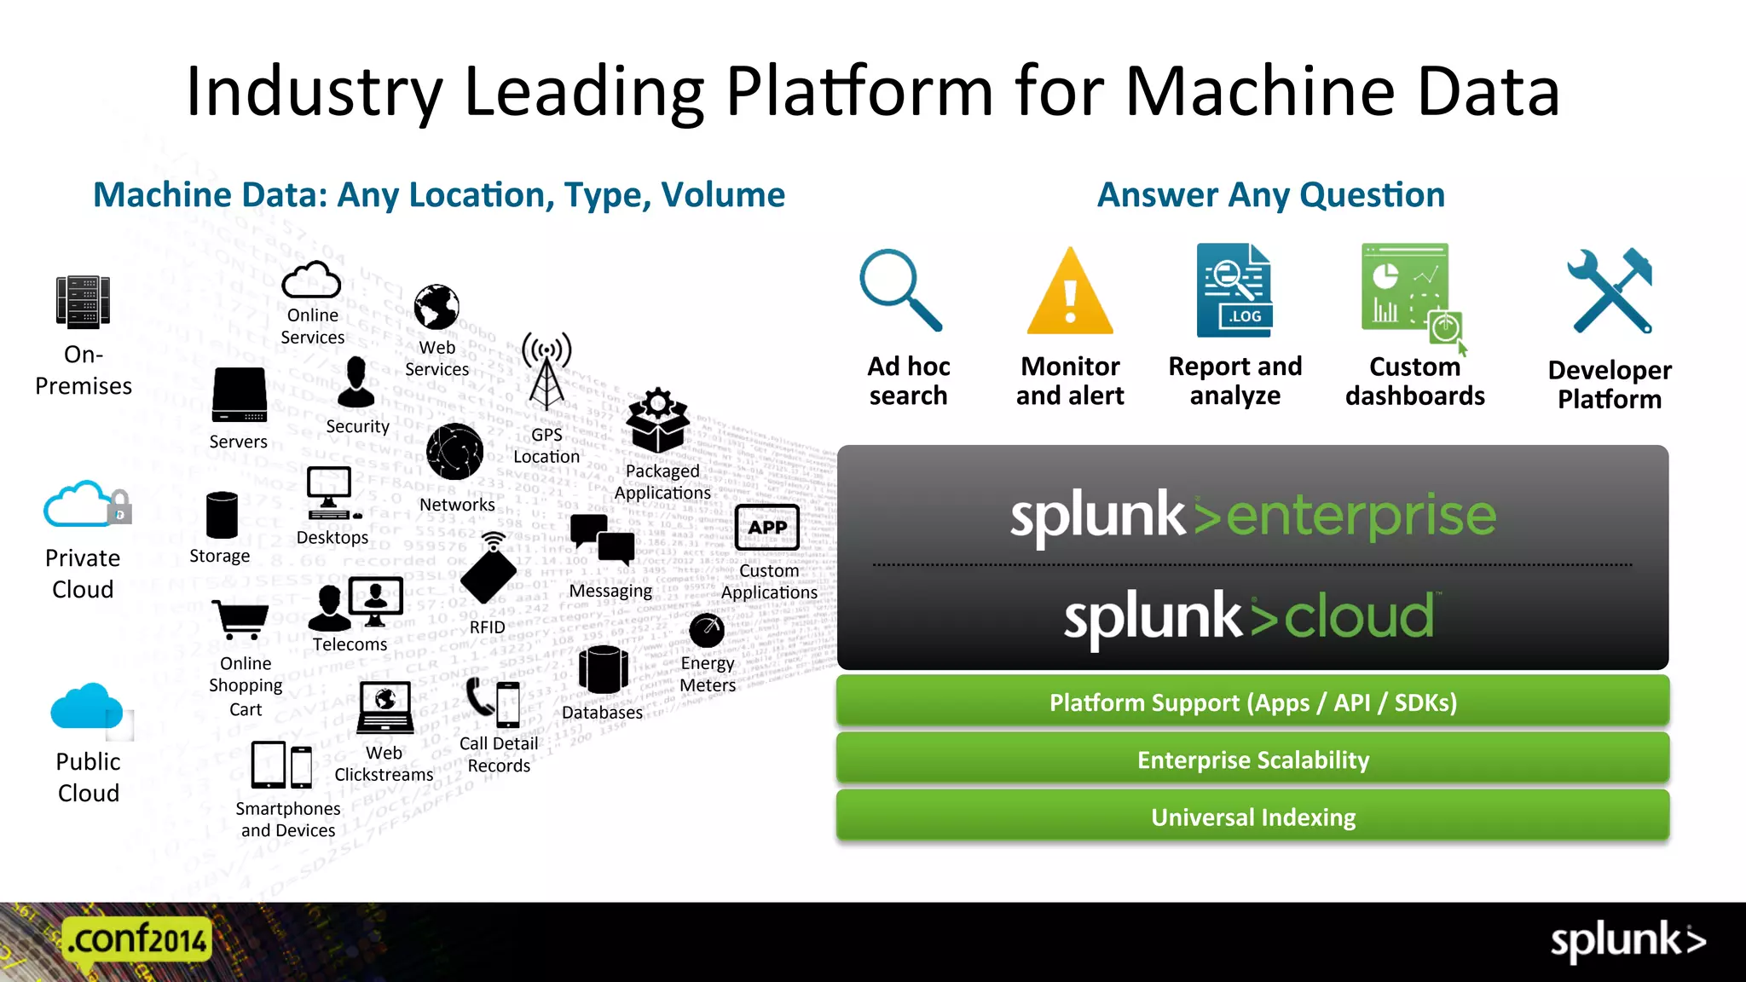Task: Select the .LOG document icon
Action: click(1234, 290)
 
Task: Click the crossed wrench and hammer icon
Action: click(1610, 291)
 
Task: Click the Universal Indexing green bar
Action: click(1252, 817)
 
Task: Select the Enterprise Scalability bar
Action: click(1252, 760)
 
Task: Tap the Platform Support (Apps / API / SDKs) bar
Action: click(1252, 702)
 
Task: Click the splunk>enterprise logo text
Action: click(1252, 516)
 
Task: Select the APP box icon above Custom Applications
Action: click(767, 527)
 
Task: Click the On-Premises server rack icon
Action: click(83, 303)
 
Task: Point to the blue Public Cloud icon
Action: click(86, 708)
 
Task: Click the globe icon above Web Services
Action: click(436, 307)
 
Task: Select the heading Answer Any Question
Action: click(1270, 195)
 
